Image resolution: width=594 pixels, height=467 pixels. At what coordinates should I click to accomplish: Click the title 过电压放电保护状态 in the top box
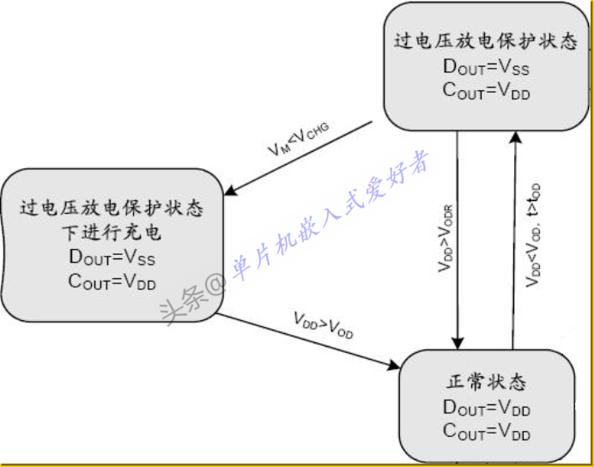485,41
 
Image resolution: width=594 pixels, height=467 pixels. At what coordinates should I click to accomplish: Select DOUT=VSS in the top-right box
485,67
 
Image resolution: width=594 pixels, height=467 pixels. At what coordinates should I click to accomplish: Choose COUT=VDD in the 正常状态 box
486,432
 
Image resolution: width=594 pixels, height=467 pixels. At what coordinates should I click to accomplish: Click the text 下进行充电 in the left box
112,233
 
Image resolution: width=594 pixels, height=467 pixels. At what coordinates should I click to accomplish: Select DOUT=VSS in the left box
112,257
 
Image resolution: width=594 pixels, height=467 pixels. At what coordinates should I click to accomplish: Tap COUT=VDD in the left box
112,281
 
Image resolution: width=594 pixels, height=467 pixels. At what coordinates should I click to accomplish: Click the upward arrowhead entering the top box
515,136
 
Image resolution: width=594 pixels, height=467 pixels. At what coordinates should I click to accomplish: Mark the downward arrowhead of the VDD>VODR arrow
458,343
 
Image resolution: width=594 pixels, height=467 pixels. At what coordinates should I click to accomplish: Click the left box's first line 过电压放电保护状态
112,209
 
